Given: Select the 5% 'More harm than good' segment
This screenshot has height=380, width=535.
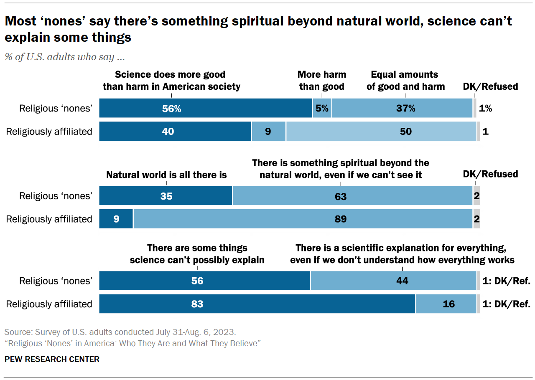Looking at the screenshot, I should (x=322, y=109).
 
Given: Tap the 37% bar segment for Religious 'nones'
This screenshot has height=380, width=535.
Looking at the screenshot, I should (x=402, y=109).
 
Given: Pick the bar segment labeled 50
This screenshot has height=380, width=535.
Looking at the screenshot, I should (x=381, y=132).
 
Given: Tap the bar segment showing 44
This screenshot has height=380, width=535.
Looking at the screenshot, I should (x=393, y=281).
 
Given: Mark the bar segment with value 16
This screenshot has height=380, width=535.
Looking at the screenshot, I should (x=446, y=304).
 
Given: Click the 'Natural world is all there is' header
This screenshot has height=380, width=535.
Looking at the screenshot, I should (x=166, y=175).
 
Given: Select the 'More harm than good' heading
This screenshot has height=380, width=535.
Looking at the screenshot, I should (x=322, y=81).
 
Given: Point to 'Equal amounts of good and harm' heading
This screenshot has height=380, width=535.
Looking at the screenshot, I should (x=405, y=81).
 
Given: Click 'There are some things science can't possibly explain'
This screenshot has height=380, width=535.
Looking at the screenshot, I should (x=197, y=254).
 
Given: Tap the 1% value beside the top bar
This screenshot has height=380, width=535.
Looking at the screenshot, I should (x=485, y=109).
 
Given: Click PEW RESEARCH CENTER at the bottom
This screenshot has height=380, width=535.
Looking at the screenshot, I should (x=52, y=359).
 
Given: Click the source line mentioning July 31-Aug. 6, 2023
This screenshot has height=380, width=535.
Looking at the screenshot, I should (x=120, y=332).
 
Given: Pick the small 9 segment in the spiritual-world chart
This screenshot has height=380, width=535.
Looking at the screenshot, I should (x=116, y=219).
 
